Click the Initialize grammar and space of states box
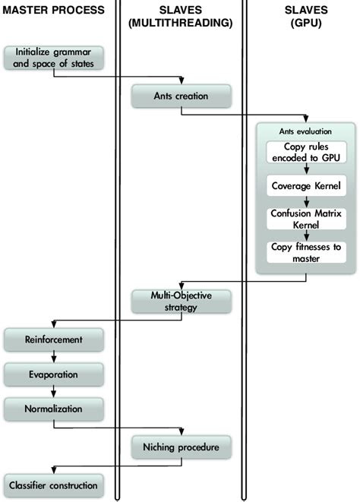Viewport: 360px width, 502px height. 53,58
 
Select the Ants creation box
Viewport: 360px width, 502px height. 180,96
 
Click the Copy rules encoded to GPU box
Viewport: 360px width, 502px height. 306,152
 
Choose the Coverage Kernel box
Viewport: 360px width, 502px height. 306,185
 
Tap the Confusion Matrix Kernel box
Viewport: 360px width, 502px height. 306,219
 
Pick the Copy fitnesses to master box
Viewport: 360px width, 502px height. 306,253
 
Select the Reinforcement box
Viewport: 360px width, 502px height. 52,340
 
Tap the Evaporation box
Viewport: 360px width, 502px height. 52,374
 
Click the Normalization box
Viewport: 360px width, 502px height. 52,409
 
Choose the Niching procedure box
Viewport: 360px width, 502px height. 180,447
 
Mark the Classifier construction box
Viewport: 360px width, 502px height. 52,485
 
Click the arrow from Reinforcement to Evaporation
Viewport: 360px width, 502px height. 52,358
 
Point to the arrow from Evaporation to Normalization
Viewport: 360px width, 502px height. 52,392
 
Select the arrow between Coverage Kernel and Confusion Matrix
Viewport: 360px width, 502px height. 306,201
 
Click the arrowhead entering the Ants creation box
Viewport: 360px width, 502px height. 181,81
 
